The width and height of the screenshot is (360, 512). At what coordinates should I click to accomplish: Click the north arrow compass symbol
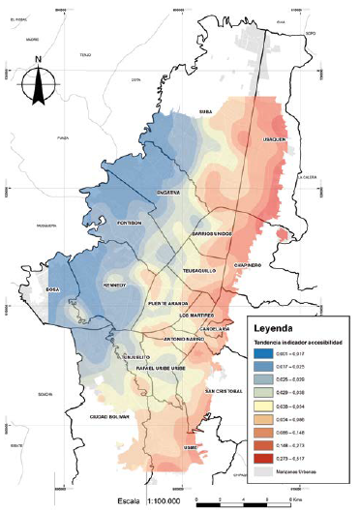tap(37, 79)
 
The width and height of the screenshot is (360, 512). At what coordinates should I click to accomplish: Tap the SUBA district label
tap(205, 112)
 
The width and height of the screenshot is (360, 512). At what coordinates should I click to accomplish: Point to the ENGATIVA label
tap(168, 193)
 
